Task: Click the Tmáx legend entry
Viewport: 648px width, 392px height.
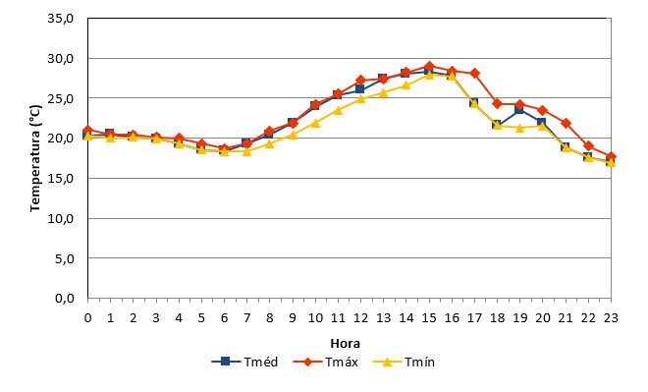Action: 325,362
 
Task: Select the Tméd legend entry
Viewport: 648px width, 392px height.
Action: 244,362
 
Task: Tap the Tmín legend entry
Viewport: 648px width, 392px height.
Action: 404,362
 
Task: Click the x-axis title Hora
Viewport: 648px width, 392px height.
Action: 345,343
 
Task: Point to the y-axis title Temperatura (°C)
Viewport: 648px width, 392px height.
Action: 35,158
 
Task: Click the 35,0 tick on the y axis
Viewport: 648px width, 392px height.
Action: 60,19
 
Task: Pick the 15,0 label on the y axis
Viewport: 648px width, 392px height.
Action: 60,178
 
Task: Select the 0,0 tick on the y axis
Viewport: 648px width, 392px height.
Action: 65,298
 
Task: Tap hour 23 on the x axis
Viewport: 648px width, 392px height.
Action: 611,317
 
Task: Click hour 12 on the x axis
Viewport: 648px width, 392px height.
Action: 360,317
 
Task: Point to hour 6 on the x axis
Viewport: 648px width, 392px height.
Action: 224,317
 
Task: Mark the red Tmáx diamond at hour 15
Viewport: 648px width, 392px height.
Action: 429,66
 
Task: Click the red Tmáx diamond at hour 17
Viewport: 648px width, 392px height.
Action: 474,73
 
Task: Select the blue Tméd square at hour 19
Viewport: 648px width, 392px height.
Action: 519,109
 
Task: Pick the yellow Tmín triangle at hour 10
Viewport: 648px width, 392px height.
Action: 315,123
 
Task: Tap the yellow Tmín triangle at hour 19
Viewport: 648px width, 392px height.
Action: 520,128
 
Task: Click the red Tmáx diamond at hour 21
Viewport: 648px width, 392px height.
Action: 566,123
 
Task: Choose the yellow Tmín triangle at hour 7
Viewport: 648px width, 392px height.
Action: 246,151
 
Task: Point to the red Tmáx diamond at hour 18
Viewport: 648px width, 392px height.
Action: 497,103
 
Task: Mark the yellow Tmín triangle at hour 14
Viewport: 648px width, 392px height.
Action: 406,85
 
